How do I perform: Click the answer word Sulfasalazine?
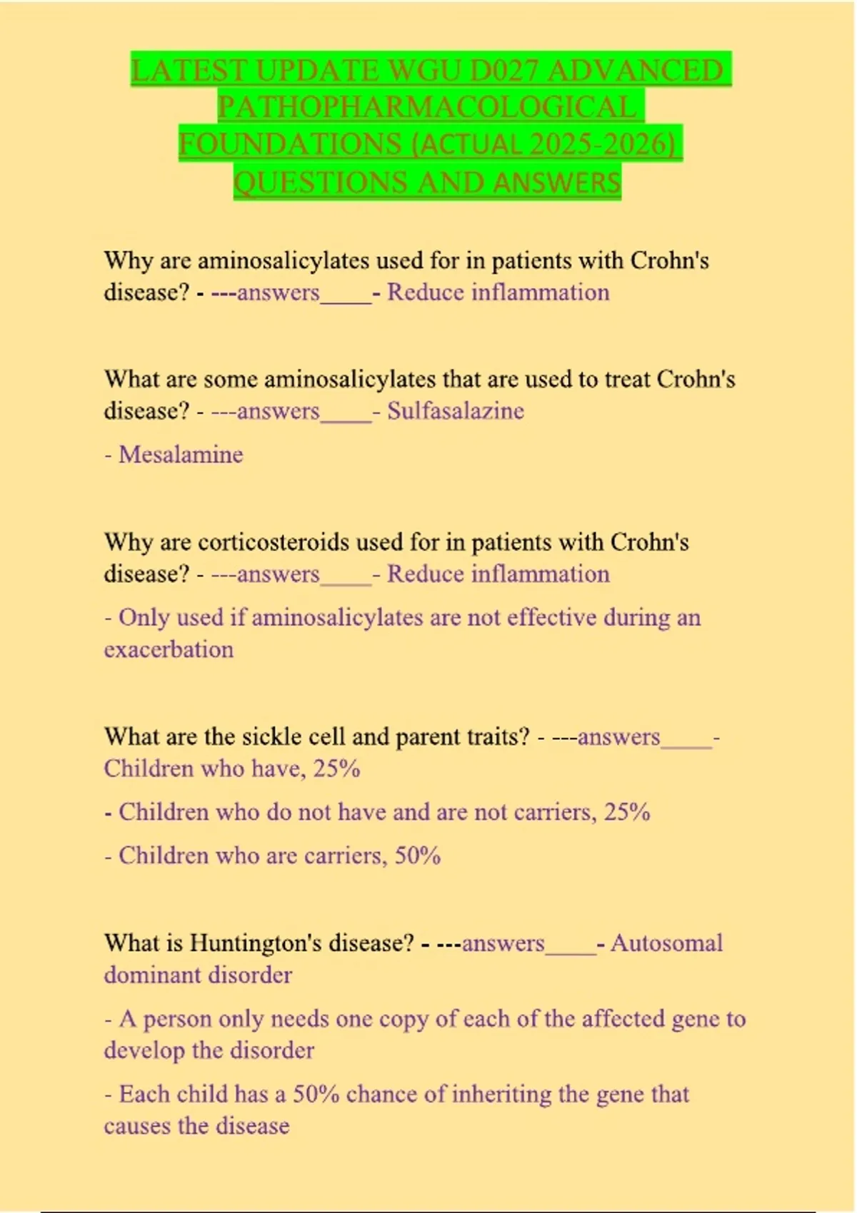coord(456,411)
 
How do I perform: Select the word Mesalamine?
coord(181,455)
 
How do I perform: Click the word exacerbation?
coord(169,649)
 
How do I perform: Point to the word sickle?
coord(269,736)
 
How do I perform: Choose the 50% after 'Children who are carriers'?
coord(418,856)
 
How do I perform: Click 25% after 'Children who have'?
coord(336,768)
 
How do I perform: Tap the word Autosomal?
coord(666,943)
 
